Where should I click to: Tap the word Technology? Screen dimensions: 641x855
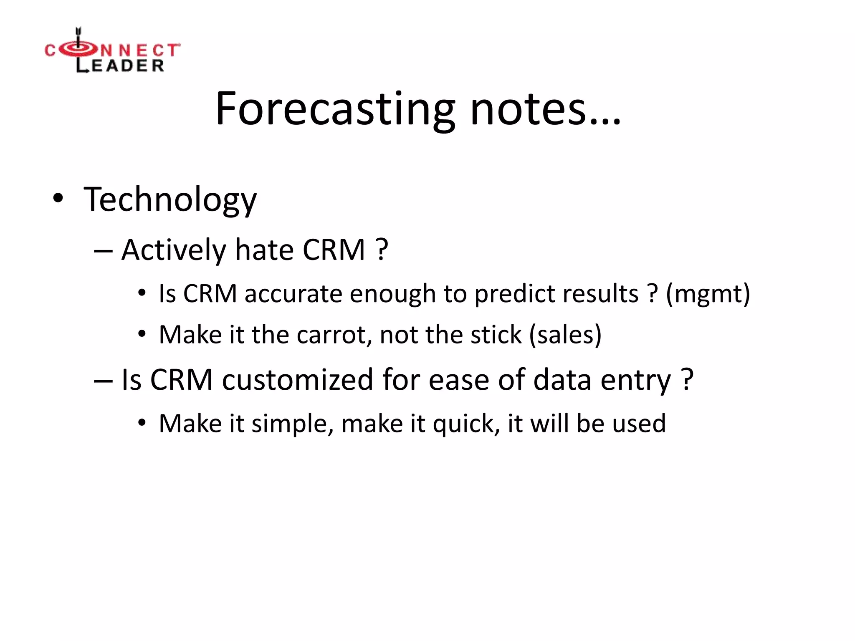(x=170, y=200)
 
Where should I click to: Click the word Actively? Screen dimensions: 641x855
(x=173, y=251)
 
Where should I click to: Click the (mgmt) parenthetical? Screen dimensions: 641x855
(x=708, y=294)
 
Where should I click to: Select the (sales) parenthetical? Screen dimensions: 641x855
(x=565, y=335)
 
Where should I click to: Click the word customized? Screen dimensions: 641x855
(x=297, y=380)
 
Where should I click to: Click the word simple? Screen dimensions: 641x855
(x=292, y=424)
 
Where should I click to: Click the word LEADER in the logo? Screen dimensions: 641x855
(x=120, y=66)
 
